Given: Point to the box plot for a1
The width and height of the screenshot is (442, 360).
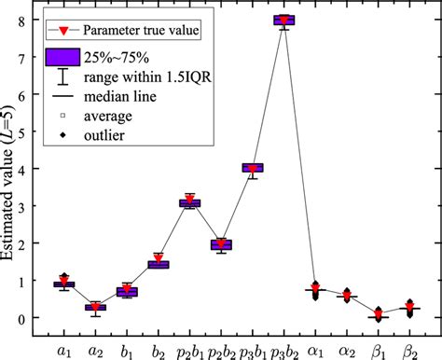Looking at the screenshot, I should (64, 284).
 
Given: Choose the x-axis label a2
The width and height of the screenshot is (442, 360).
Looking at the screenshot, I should (95, 344).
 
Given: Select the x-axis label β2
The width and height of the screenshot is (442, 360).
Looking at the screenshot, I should (409, 344).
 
